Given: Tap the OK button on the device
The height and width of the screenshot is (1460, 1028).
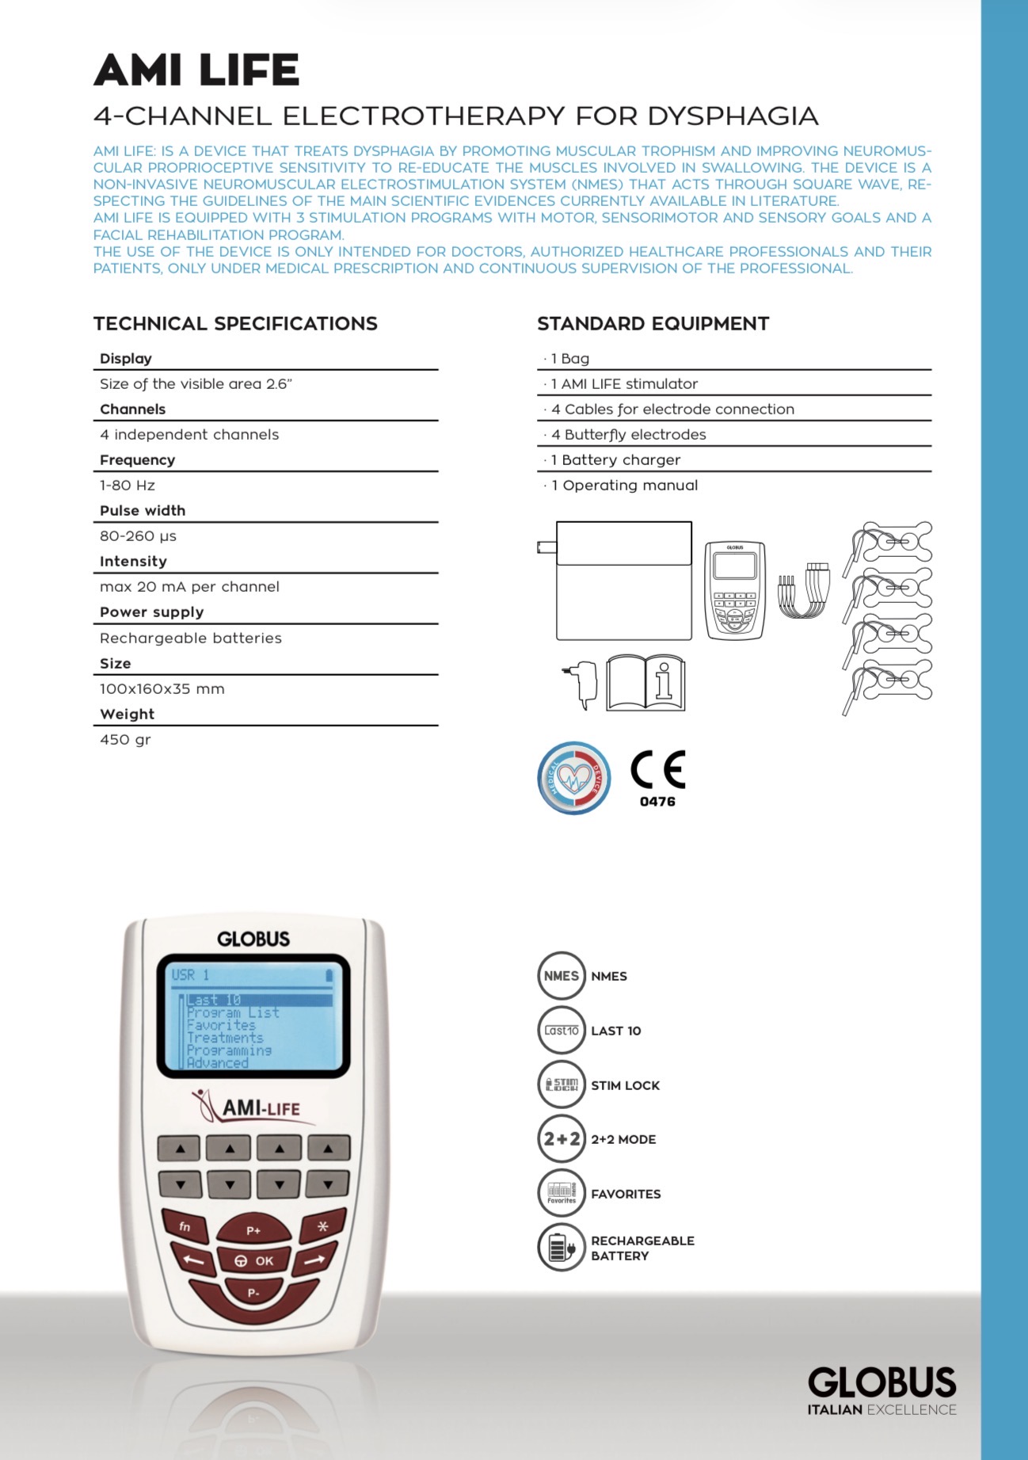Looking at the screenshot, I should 254,1260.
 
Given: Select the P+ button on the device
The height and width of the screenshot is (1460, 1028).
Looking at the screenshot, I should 253,1229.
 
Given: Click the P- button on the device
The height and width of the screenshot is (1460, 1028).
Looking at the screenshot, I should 253,1293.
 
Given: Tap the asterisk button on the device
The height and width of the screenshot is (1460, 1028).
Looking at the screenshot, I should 322,1226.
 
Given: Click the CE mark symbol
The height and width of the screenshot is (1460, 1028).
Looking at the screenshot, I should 657,769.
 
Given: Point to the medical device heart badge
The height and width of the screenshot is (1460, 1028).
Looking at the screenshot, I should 574,778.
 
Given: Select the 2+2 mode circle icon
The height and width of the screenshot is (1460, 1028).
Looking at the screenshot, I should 562,1139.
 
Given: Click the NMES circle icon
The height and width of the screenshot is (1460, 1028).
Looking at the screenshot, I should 562,976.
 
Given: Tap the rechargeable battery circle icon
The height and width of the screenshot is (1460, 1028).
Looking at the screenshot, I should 562,1248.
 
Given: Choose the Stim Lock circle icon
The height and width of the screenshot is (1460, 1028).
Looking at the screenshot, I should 562,1085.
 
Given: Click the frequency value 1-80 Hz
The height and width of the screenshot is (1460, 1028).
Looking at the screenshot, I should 128,486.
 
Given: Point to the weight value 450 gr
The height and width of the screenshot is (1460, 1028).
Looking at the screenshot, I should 125,740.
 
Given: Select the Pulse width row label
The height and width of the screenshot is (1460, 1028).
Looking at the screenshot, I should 143,511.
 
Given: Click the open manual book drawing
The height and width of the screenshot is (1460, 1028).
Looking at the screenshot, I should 645,683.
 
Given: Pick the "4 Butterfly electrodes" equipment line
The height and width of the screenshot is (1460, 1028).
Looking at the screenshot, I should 629,435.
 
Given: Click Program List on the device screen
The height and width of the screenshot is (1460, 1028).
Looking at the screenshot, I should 233,1012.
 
